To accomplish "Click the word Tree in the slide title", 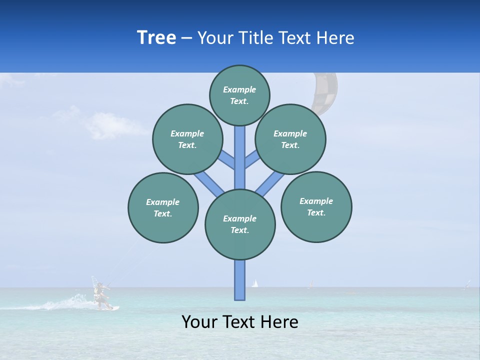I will (x=156, y=38).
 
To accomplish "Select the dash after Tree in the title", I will (x=187, y=38).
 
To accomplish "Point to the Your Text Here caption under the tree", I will (x=240, y=322).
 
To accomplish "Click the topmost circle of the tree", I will (x=239, y=95).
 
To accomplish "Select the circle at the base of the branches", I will (x=240, y=224).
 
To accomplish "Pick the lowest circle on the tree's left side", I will (x=163, y=207).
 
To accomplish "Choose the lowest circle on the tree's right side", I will (x=316, y=206).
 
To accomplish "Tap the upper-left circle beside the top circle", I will (x=187, y=139).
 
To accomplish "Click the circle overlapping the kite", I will (x=290, y=139).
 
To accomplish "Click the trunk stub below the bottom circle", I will (x=240, y=280).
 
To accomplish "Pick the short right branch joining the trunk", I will (x=252, y=159).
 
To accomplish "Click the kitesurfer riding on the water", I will (x=102, y=296).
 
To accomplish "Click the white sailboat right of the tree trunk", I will (x=255, y=283).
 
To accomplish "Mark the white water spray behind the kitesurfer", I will (x=65, y=303).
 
